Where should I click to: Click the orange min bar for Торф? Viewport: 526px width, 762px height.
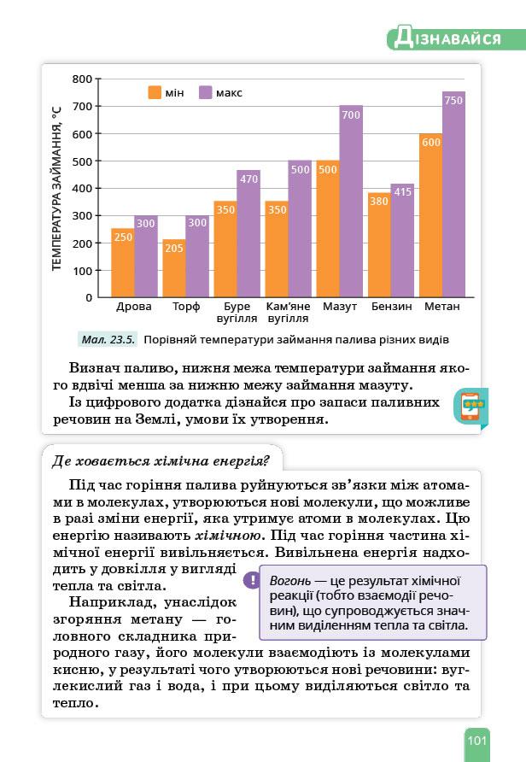[173, 269]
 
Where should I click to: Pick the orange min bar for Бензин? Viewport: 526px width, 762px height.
[379, 248]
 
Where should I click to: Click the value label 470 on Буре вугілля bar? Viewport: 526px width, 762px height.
[248, 179]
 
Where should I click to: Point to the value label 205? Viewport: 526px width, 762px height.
[174, 248]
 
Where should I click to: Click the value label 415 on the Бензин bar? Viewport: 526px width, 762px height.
[402, 192]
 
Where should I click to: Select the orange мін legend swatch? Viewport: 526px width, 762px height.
[155, 92]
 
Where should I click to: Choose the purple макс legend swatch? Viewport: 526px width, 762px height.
[205, 92]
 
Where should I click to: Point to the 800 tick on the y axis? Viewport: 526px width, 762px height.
[82, 79]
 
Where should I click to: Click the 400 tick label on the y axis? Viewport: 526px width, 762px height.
[82, 188]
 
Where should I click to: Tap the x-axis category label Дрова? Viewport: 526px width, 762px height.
[134, 306]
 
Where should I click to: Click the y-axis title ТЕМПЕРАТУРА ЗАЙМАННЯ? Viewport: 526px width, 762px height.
[57, 188]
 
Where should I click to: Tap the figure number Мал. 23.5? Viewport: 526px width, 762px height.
[108, 339]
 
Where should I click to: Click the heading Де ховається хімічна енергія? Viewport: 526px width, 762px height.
[161, 461]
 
